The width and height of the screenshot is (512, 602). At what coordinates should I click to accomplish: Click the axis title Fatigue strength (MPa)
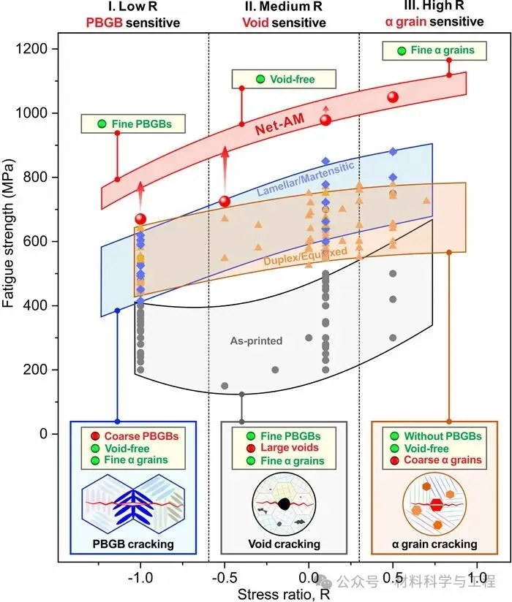10,241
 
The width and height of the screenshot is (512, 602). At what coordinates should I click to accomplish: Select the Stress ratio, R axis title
283,593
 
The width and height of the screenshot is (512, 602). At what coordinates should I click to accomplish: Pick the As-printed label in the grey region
246,340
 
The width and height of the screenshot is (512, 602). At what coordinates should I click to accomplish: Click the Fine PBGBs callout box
134,124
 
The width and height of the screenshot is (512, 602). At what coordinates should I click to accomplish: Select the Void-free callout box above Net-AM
283,80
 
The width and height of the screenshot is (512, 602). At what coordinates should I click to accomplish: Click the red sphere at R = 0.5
393,97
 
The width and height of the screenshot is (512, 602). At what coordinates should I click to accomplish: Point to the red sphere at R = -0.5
225,201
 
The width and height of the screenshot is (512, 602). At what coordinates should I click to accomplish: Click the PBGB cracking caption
132,544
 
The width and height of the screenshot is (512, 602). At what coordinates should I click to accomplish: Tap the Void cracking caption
284,544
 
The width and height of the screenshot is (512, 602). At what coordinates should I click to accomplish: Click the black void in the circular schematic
283,503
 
